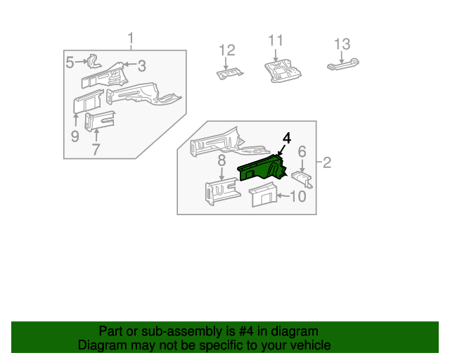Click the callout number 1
click(x=130, y=38)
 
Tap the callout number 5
click(x=70, y=63)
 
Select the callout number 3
click(x=141, y=66)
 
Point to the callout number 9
click(x=75, y=136)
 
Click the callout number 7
click(x=96, y=149)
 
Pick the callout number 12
click(x=226, y=50)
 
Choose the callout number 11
click(x=275, y=40)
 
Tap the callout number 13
click(x=342, y=44)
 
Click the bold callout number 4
click(x=286, y=137)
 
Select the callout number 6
click(x=302, y=151)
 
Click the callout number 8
click(x=221, y=161)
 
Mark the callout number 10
click(x=298, y=196)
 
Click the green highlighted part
click(x=262, y=169)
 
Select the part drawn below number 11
click(x=283, y=71)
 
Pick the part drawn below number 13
click(x=344, y=65)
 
